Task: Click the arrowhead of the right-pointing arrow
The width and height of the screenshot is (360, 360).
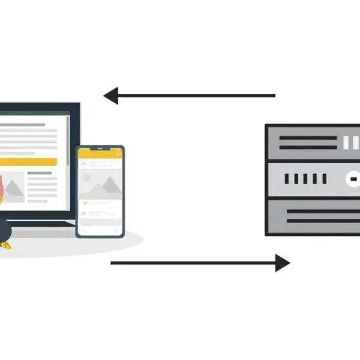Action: click(283, 262)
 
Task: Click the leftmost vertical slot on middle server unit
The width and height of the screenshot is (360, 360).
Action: click(287, 179)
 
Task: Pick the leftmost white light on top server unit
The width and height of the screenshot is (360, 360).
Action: click(346, 142)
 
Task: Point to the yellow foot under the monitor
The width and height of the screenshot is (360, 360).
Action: click(5, 244)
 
